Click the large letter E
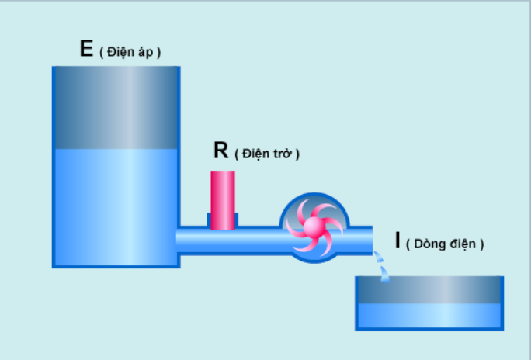click(86, 48)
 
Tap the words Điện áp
click(130, 52)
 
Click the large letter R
click(220, 150)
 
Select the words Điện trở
click(267, 154)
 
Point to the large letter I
click(397, 241)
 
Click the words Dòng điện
click(445, 244)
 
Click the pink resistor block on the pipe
click(223, 200)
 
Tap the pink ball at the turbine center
click(313, 227)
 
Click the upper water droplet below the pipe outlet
click(379, 257)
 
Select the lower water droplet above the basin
click(385, 274)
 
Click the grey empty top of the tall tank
click(116, 108)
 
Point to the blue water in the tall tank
click(116, 206)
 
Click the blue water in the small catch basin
click(429, 315)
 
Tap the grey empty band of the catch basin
click(429, 289)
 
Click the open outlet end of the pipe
click(372, 241)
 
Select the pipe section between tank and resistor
click(193, 241)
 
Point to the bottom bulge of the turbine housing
click(314, 258)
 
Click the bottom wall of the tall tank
click(116, 266)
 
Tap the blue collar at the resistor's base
click(223, 220)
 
